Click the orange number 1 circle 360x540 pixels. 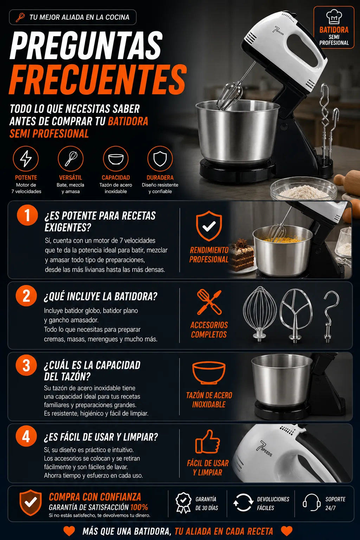[27, 215]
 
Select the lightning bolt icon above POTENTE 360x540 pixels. [26, 159]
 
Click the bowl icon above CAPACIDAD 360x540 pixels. [116, 159]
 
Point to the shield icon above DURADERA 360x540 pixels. [160, 159]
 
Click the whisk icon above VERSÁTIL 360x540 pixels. [71, 159]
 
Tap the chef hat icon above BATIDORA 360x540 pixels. [334, 17]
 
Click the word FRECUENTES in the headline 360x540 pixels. [98, 79]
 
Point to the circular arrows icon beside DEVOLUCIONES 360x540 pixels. [243, 502]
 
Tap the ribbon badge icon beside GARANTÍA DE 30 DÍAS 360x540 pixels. [183, 502]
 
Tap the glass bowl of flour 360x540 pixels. [303, 189]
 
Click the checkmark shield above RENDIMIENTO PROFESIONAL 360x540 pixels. [209, 226]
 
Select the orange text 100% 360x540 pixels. [139, 507]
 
